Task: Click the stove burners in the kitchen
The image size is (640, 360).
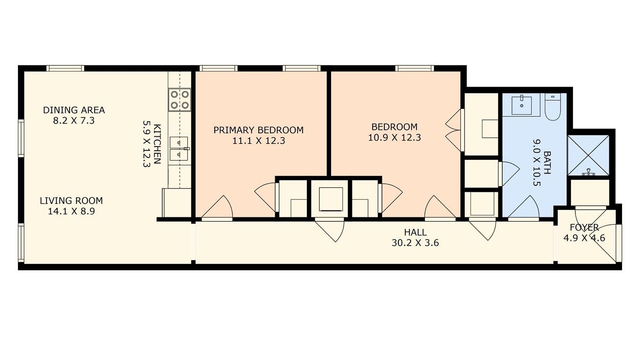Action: pyautogui.click(x=180, y=100)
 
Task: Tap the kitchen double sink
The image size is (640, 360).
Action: pyautogui.click(x=179, y=149)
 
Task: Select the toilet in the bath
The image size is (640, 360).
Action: pyautogui.click(x=553, y=107)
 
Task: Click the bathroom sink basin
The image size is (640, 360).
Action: pyautogui.click(x=521, y=105)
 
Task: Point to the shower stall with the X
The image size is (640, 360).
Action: pyautogui.click(x=588, y=155)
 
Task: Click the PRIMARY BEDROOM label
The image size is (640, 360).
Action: pyautogui.click(x=258, y=130)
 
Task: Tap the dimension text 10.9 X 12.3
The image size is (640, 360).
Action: pyautogui.click(x=394, y=137)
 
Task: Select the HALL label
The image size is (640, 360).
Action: pyautogui.click(x=415, y=232)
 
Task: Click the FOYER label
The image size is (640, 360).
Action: pyautogui.click(x=584, y=227)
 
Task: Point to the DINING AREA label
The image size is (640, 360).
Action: pyautogui.click(x=74, y=110)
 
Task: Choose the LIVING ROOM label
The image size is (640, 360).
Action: pyautogui.click(x=71, y=201)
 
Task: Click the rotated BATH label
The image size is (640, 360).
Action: pyautogui.click(x=547, y=163)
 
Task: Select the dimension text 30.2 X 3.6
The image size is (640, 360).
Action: pyautogui.click(x=415, y=243)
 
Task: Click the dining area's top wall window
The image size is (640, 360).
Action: pyautogui.click(x=65, y=68)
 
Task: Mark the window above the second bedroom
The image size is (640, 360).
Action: pyautogui.click(x=415, y=68)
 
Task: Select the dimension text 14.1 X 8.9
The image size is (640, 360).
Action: pyautogui.click(x=71, y=211)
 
